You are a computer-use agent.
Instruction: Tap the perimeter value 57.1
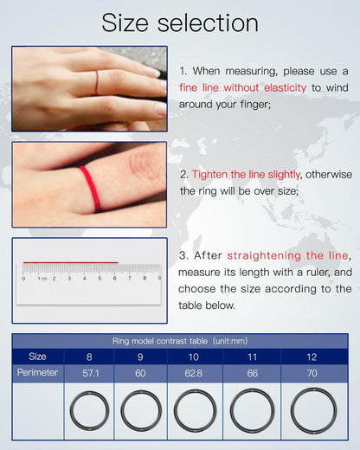coord(90,373)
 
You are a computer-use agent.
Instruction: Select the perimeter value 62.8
coord(195,373)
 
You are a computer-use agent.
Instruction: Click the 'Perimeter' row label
coord(37,373)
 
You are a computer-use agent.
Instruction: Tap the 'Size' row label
coord(37,356)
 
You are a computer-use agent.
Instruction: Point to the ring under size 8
coord(89,409)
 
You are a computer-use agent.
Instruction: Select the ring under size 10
coord(195,410)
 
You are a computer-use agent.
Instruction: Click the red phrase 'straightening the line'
coord(287,256)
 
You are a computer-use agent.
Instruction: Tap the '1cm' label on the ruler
coord(41,279)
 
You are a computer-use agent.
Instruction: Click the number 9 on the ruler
coord(158,279)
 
